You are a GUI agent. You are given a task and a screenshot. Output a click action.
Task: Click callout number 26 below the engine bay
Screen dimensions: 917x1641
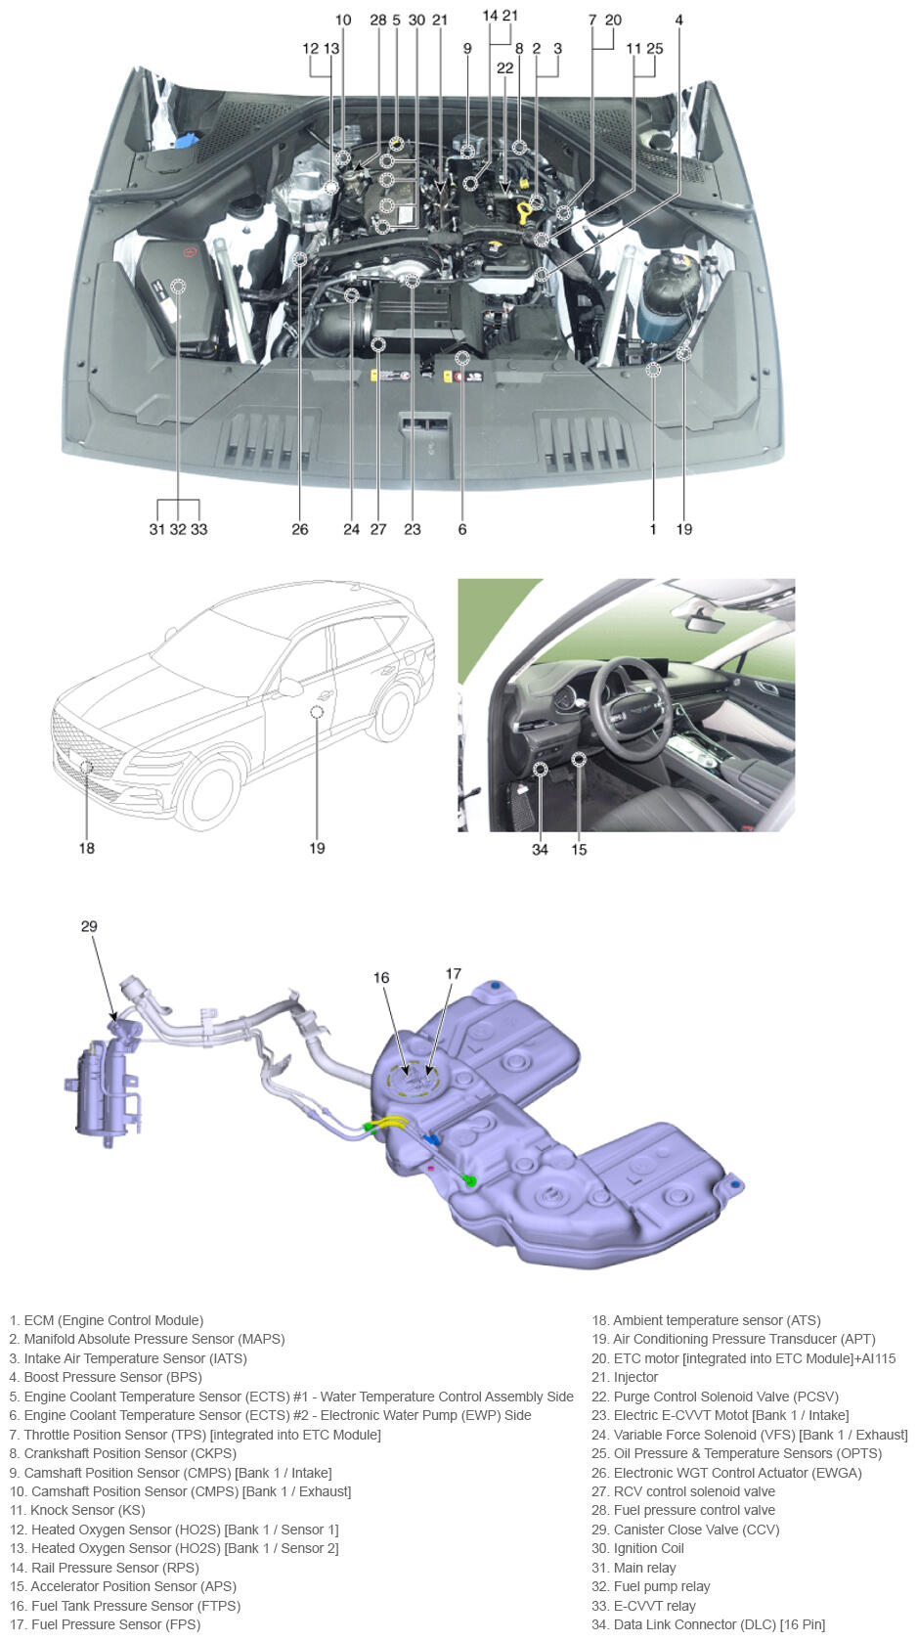point(299,530)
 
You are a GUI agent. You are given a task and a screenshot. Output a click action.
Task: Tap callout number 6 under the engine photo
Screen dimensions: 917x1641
point(462,530)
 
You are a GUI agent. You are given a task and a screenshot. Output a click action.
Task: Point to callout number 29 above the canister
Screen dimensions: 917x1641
point(89,926)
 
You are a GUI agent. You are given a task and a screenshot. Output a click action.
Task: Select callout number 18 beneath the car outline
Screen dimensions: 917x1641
point(86,848)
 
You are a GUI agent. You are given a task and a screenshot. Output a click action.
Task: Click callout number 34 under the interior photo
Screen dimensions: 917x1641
point(540,850)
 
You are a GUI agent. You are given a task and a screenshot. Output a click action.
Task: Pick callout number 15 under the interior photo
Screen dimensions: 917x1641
point(579,850)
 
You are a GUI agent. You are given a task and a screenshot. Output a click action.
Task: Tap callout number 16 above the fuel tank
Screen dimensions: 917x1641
point(381,978)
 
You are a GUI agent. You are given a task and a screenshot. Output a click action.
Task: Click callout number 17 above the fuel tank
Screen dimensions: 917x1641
point(454,974)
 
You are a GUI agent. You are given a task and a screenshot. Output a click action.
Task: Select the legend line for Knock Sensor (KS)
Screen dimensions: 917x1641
point(77,1510)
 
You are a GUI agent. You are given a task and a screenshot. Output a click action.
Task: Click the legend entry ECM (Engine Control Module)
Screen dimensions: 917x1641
point(107,1320)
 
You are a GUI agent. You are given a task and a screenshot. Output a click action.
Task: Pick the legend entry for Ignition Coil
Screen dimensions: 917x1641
point(637,1548)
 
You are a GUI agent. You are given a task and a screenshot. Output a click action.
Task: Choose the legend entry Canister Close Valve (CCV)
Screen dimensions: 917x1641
point(685,1530)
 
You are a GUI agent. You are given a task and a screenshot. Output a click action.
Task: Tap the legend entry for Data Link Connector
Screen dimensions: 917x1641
point(708,1624)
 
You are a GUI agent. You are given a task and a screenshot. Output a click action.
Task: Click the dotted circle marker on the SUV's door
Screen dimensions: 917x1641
point(317,712)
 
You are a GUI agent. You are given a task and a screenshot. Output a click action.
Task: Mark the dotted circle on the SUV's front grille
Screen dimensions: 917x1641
point(86,767)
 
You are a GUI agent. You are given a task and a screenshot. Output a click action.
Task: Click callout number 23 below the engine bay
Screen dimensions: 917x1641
point(413,530)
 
